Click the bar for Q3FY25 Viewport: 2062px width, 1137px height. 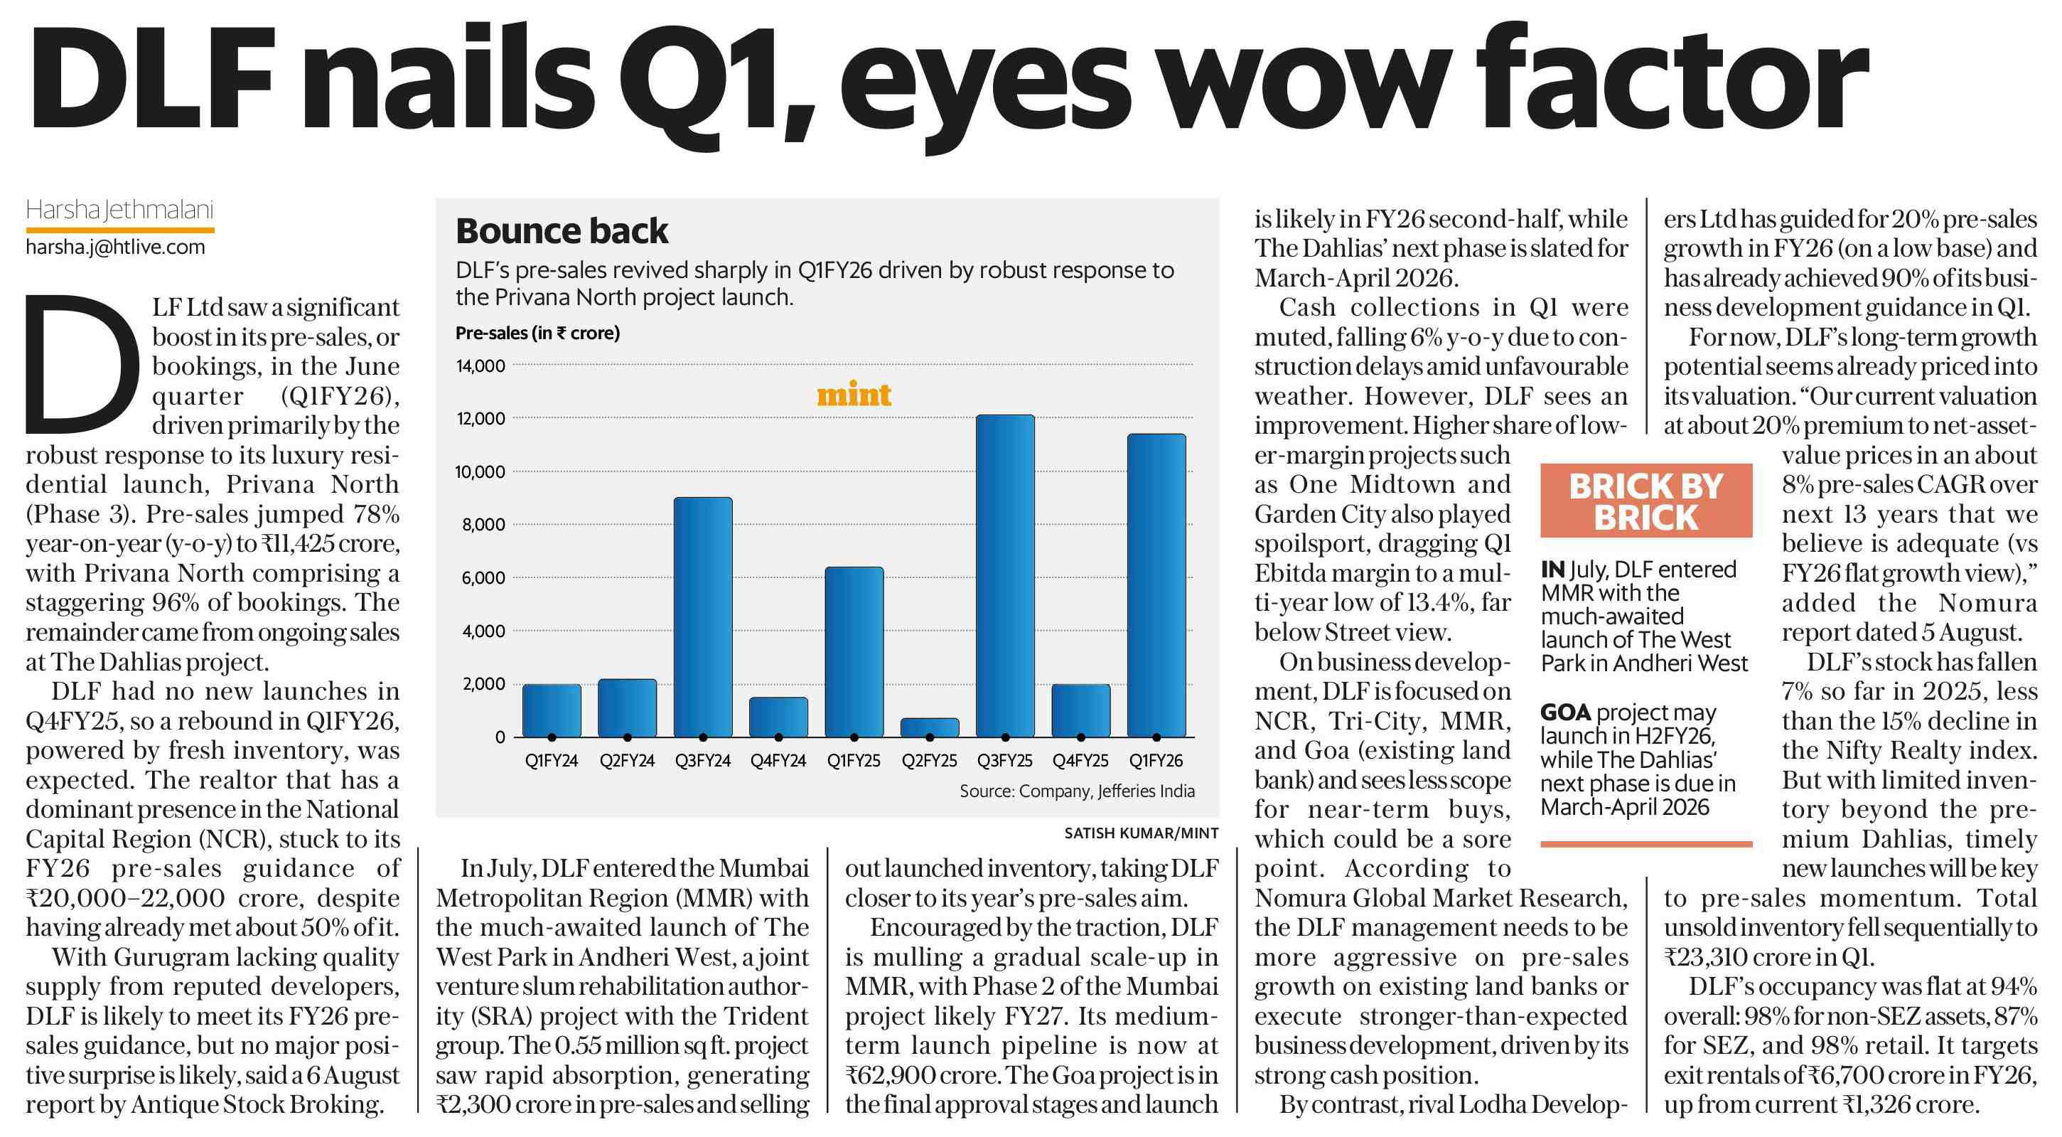tap(1004, 577)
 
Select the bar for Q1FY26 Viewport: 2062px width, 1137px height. tap(1156, 585)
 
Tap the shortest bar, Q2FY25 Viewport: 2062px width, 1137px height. tap(929, 727)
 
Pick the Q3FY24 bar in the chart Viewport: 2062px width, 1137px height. tap(703, 617)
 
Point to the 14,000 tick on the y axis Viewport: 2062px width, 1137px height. tap(480, 366)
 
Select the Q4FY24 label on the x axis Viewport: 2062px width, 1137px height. tap(778, 761)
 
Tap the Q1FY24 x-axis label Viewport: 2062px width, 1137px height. tap(552, 761)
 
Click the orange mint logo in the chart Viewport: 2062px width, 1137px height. tap(853, 395)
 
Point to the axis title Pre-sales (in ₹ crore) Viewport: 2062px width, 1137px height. tap(537, 333)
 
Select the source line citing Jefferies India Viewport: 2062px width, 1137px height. tap(1077, 791)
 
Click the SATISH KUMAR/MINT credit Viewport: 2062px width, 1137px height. tap(1141, 833)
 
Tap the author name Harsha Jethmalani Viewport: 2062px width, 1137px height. tap(119, 210)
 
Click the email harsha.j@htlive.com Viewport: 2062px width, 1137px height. tap(115, 247)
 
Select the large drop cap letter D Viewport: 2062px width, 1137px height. tap(77, 364)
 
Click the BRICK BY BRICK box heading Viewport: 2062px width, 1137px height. tap(1645, 501)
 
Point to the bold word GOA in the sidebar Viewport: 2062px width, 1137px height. tap(1565, 712)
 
